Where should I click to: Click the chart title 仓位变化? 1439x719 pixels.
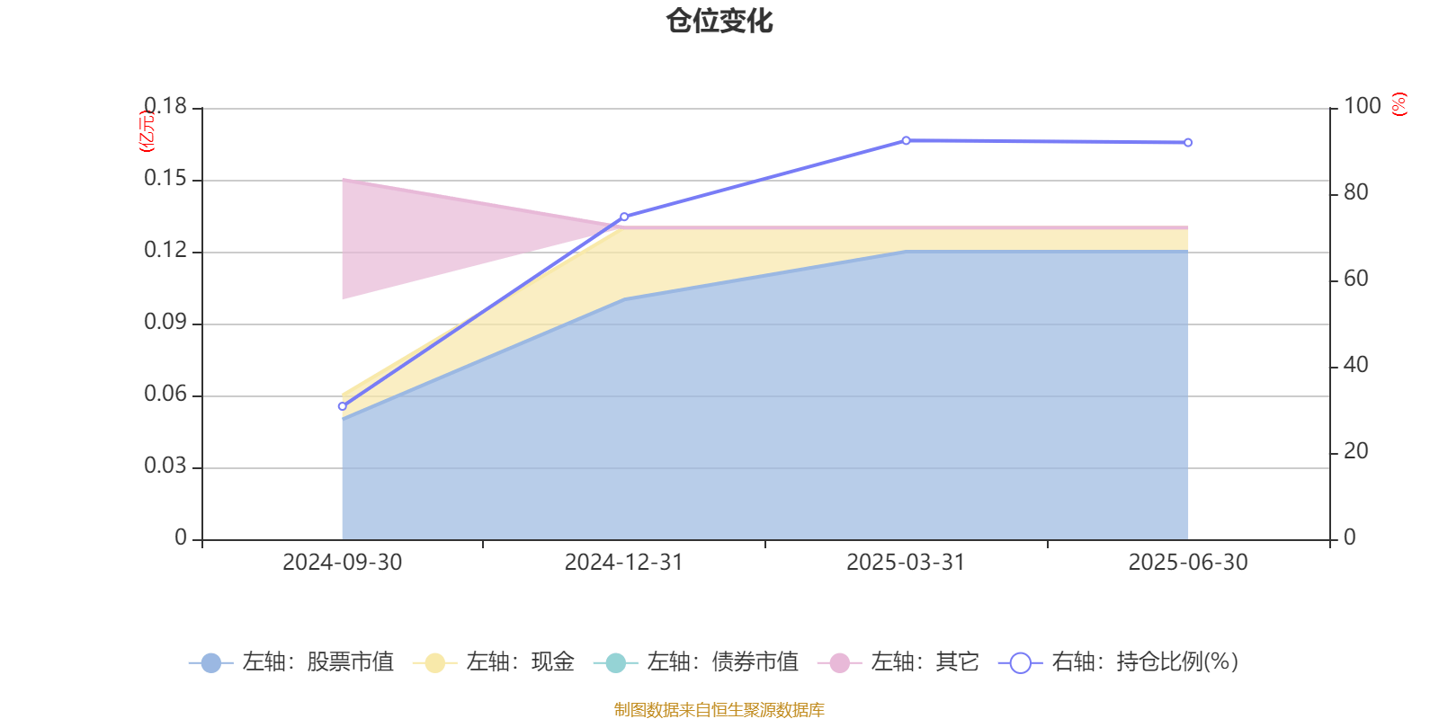click(719, 21)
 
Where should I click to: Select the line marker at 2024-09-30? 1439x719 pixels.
click(342, 406)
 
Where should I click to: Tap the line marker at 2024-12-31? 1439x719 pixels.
click(624, 217)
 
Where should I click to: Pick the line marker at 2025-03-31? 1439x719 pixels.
click(906, 140)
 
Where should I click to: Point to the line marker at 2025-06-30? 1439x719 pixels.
click(1188, 143)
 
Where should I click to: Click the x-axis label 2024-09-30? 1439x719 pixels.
click(342, 563)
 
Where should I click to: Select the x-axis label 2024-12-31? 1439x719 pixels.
click(624, 563)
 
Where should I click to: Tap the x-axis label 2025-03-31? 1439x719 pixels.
click(906, 563)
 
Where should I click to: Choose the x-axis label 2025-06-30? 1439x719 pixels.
click(1188, 563)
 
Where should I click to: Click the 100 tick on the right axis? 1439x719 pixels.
click(1362, 106)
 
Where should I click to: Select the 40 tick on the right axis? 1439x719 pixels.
click(1355, 365)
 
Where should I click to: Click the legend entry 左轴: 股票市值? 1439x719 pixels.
click(291, 662)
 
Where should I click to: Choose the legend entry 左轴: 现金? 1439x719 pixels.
click(494, 662)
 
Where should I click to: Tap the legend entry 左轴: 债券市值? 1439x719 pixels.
click(696, 662)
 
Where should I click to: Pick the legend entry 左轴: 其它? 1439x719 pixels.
click(898, 662)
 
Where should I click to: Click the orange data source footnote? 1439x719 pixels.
click(719, 710)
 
